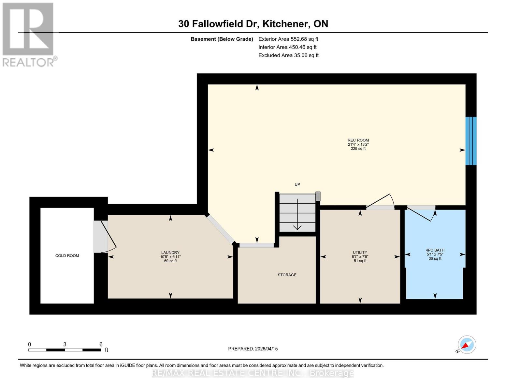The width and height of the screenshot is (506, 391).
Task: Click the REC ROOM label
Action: click(x=358, y=140)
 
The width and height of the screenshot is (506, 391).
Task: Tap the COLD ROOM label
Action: click(x=67, y=256)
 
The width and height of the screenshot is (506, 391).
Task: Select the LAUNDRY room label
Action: click(x=170, y=253)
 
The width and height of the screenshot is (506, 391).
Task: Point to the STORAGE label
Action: click(x=287, y=275)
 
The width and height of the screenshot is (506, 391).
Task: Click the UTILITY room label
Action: click(x=360, y=253)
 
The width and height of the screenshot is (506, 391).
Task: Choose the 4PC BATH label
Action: click(x=435, y=250)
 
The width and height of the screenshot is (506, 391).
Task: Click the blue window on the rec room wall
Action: click(x=471, y=141)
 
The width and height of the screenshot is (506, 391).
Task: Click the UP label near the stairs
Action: click(x=297, y=184)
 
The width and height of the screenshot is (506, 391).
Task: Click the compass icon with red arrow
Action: click(x=467, y=345)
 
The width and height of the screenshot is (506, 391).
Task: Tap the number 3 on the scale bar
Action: click(x=65, y=344)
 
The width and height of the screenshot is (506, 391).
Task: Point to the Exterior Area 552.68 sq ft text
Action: click(x=288, y=39)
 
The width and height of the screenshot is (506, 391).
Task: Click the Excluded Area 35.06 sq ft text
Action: click(x=288, y=55)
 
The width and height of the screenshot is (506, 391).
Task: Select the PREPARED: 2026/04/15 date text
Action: click(x=253, y=349)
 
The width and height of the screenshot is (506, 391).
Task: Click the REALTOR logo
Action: click(x=29, y=34)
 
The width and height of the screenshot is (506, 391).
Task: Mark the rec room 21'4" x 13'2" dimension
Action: click(x=358, y=144)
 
